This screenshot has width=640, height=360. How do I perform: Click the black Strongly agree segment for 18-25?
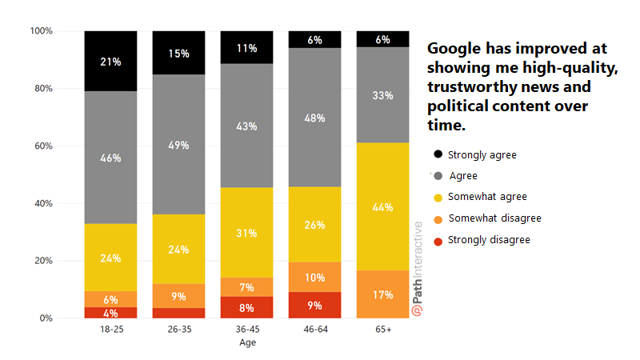click(x=110, y=61)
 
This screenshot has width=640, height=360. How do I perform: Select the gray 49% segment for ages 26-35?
click(x=178, y=144)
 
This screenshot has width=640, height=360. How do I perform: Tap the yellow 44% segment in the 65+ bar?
click(x=382, y=206)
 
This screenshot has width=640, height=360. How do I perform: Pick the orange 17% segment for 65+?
click(x=382, y=294)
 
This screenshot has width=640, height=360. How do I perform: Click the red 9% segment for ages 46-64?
click(x=314, y=305)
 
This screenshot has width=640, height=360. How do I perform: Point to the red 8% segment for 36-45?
click(x=246, y=307)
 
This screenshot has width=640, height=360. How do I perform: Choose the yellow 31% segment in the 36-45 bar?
click(x=246, y=232)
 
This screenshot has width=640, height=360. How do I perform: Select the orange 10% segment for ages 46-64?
click(x=314, y=277)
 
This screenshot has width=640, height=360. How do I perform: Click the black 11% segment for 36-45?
click(x=246, y=48)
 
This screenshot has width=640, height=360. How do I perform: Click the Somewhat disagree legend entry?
click(x=494, y=218)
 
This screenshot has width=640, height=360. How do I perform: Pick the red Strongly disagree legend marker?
click(x=438, y=239)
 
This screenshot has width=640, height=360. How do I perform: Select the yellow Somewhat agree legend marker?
click(x=438, y=197)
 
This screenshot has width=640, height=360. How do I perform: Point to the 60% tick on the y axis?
click(x=42, y=146)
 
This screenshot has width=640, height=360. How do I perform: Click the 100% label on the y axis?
click(x=41, y=31)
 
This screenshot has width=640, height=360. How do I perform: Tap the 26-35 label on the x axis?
click(x=178, y=329)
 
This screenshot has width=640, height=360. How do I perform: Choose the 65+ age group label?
click(x=382, y=329)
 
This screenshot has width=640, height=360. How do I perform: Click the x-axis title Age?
click(x=247, y=342)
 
